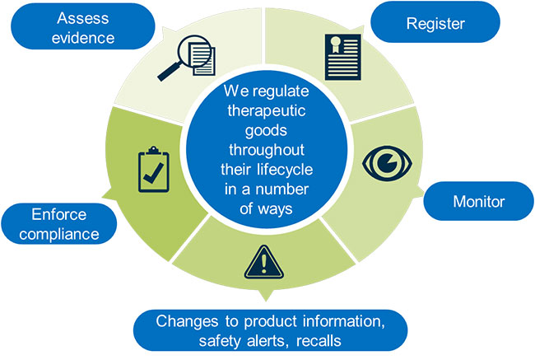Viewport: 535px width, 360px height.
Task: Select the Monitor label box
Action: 478,200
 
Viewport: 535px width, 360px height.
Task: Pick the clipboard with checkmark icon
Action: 151,169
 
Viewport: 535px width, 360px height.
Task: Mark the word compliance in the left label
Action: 61,235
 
